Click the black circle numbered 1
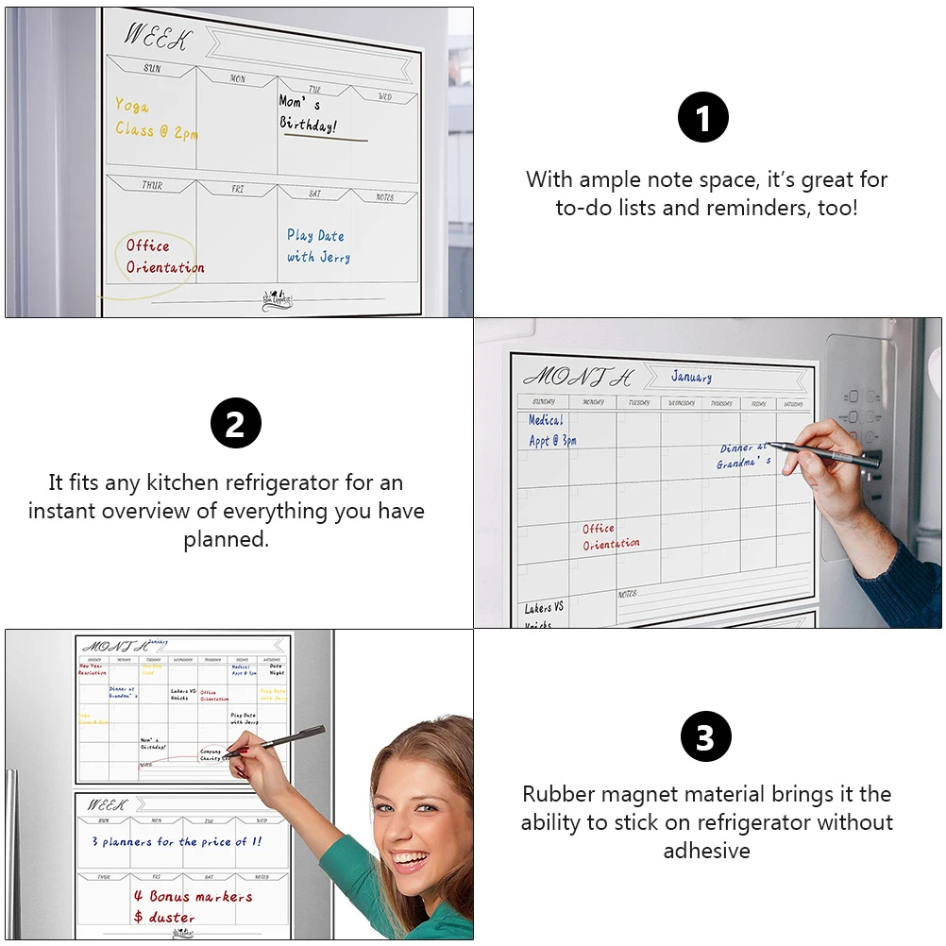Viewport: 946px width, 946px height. tap(703, 119)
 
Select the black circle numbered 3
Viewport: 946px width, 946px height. tap(705, 737)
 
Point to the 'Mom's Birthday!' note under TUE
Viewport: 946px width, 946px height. tap(309, 114)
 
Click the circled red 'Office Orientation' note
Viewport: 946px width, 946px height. tap(165, 257)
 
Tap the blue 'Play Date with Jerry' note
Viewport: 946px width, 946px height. tap(318, 246)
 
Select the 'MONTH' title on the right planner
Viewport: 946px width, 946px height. tap(579, 376)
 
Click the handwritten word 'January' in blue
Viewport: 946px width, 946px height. tap(691, 377)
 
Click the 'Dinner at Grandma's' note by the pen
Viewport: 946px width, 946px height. tap(744, 455)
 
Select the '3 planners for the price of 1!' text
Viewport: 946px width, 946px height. tap(177, 841)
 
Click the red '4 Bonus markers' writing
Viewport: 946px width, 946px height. tap(193, 896)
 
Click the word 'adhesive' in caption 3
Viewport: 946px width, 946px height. tap(706, 851)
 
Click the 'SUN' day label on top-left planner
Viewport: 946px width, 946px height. tap(152, 68)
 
